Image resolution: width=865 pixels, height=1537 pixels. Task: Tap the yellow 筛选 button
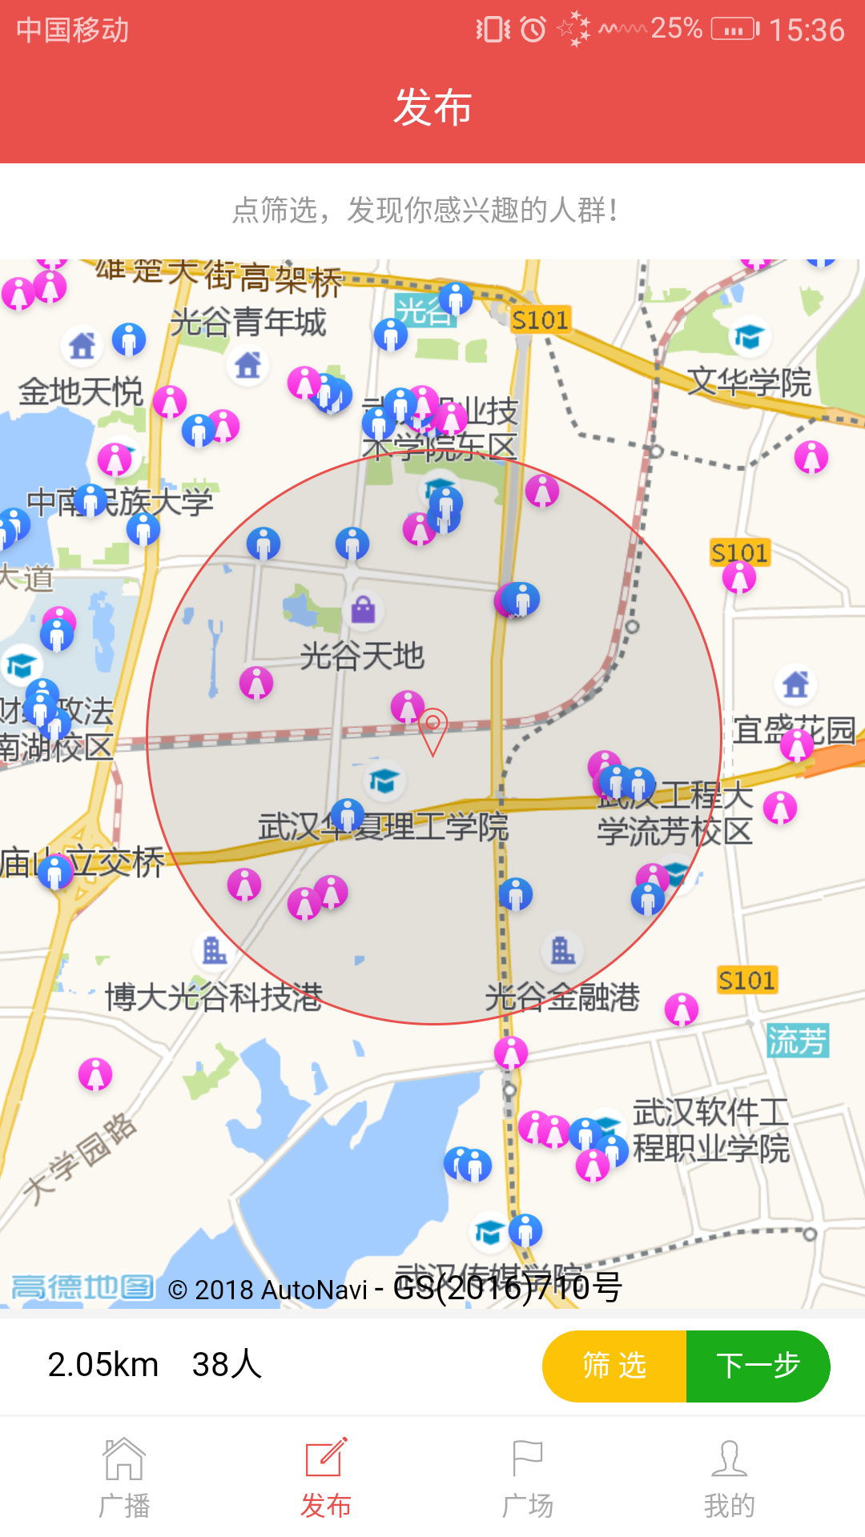click(614, 1366)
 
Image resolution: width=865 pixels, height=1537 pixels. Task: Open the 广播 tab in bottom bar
click(124, 1478)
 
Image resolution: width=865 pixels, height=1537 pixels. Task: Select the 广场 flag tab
click(527, 1478)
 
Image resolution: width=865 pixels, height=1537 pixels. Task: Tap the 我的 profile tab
click(729, 1478)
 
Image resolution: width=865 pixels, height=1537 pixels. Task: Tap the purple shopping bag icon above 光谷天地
click(364, 610)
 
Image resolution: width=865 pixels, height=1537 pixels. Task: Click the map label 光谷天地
click(362, 656)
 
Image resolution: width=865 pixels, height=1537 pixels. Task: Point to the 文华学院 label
click(750, 382)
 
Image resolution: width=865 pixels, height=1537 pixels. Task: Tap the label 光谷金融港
click(562, 997)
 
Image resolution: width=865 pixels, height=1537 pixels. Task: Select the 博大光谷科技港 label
click(214, 997)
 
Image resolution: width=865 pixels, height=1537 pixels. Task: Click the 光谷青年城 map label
click(247, 322)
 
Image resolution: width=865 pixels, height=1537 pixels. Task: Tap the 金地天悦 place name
click(80, 392)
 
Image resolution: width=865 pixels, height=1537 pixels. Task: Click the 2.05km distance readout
click(103, 1365)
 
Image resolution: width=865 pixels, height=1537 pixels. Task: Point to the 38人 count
click(227, 1365)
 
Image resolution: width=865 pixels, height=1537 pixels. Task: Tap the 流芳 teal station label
click(797, 1041)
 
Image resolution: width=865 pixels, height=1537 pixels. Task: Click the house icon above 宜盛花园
click(795, 684)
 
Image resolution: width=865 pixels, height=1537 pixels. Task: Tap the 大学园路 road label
click(80, 1158)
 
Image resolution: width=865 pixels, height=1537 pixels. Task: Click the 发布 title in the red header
click(432, 107)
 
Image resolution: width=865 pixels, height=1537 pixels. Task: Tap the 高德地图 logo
click(82, 1288)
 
